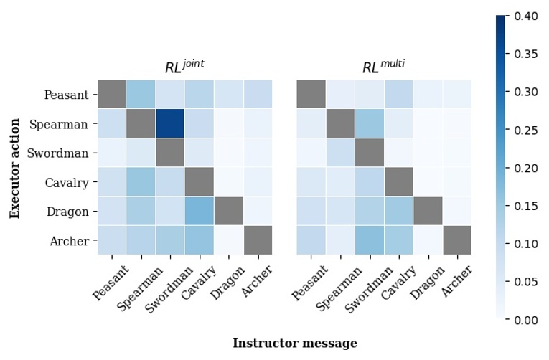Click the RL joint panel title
tap(184, 67)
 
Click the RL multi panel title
tap(383, 67)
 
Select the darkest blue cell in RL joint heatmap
tap(169, 124)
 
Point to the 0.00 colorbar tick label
tap(526, 320)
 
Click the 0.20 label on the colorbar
tap(526, 168)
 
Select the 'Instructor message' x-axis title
tap(294, 344)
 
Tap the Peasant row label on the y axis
tap(66, 95)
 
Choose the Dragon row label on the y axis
tap(68, 212)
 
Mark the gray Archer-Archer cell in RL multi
tap(457, 241)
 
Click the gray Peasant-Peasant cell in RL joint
tap(111, 95)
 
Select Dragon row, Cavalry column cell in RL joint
tap(199, 212)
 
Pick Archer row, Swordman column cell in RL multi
tap(370, 241)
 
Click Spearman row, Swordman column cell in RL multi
tap(370, 124)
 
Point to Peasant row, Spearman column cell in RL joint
tap(141, 95)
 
